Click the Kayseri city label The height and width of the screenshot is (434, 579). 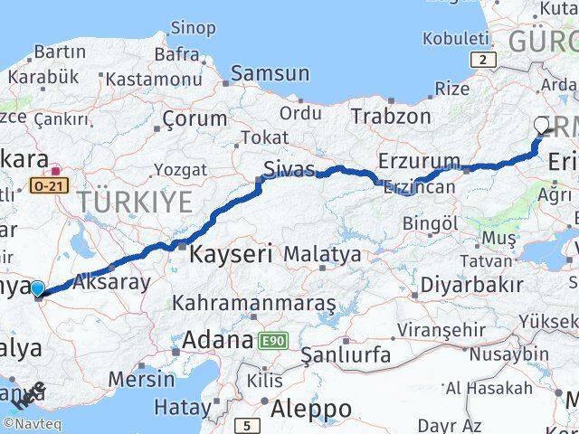[x=231, y=255]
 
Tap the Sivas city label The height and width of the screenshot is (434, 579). [x=289, y=168]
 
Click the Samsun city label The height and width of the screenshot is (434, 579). [x=270, y=74]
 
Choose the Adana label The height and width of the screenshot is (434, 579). [x=216, y=341]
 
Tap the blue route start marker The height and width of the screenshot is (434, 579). [x=37, y=289]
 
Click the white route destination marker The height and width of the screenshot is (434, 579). [x=542, y=126]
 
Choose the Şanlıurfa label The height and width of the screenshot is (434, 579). [x=346, y=354]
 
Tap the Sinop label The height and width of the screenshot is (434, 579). [x=194, y=28]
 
